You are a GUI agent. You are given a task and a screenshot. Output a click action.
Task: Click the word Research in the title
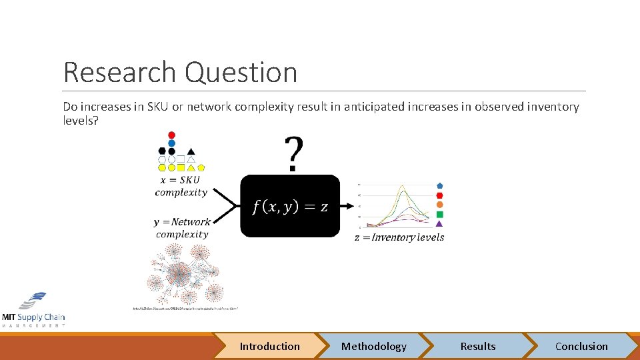tap(121, 72)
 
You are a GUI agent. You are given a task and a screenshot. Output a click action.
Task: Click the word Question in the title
tap(241, 72)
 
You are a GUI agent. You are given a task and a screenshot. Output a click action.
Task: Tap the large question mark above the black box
tap(292, 154)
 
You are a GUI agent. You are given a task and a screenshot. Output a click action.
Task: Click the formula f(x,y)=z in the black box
tap(290, 207)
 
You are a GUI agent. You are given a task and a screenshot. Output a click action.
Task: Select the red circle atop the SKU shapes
tap(171, 135)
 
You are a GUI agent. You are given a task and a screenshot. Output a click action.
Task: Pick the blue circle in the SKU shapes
tap(171, 143)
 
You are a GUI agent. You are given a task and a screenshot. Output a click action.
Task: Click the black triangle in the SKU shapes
tap(191, 151)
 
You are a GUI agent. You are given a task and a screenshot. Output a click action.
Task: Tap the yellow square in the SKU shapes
tap(181, 167)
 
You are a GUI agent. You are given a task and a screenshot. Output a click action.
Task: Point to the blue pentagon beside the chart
tap(439, 185)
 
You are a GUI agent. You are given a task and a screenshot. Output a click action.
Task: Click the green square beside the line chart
tap(439, 214)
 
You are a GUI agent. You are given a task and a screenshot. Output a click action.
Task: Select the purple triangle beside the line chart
tap(439, 224)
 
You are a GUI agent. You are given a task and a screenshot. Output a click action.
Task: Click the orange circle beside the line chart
tap(439, 205)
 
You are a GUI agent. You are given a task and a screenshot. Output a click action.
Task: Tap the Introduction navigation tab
tap(269, 346)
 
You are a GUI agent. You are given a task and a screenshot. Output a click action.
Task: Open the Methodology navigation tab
tap(373, 346)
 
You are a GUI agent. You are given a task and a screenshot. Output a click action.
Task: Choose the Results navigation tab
tap(478, 346)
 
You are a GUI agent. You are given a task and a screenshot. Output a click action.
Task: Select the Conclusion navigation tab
tap(581, 346)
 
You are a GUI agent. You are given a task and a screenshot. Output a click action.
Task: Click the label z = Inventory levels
tap(399, 237)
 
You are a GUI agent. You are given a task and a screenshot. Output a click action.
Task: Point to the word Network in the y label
tap(191, 222)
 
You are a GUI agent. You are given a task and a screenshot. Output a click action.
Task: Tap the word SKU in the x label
tap(189, 180)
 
